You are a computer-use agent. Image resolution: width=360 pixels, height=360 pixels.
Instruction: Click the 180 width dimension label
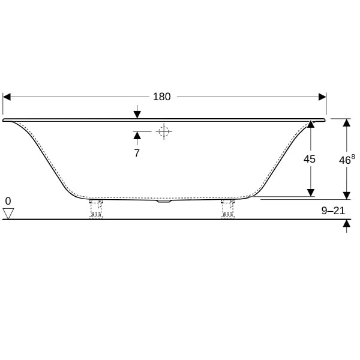pos(161,97)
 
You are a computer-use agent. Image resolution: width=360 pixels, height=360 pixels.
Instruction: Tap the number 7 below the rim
pos(137,153)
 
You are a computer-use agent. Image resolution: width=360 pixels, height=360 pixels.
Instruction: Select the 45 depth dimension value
pos(309,159)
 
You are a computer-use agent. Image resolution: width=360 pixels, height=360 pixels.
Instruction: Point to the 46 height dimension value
pos(344,160)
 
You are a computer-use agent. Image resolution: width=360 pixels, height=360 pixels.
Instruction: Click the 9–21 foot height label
pos(333,211)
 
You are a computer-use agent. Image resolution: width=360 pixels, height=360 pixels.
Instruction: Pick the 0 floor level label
pos(8,201)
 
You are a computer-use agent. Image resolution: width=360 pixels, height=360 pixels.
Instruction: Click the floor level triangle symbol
pos(8,214)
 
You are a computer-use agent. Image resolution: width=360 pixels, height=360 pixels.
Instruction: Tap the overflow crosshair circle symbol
pos(164,131)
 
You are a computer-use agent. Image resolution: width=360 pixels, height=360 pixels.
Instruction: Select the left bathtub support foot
pos(96,208)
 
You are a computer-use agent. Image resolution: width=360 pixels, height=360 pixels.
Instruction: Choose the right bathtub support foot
pos(227,208)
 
